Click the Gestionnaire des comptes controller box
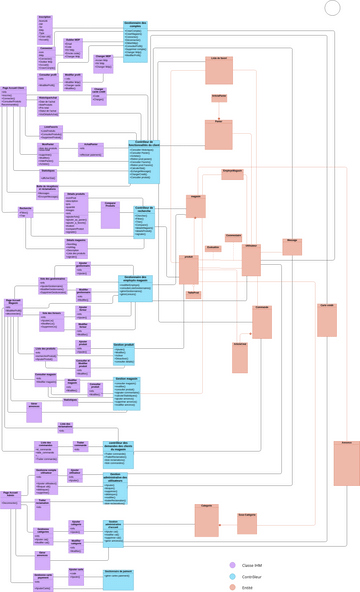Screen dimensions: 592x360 [x=135, y=37]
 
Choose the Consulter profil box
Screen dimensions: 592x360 [x=47, y=80]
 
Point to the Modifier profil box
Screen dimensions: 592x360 [x=73, y=81]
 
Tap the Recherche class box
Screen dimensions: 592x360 [x=27, y=212]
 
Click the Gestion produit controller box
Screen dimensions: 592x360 [x=124, y=352]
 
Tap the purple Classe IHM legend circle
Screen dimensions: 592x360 [x=232, y=564]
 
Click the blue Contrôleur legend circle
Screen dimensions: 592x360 [x=232, y=576]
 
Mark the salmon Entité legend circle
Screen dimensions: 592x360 [x=232, y=588]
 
